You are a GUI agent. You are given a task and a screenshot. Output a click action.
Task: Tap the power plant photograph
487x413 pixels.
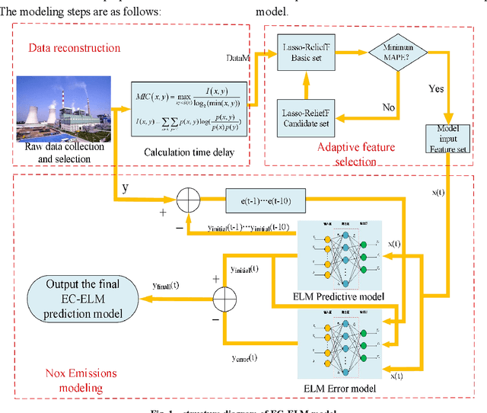(x=62, y=107)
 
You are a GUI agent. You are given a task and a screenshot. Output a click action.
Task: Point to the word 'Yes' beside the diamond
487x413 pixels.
(x=436, y=88)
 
